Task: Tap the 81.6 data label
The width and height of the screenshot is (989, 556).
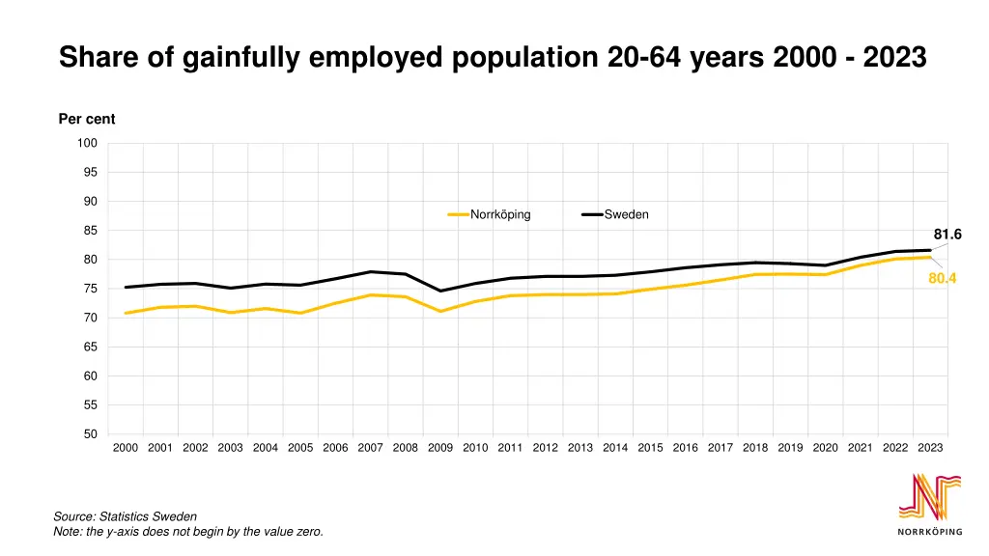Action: [x=947, y=235]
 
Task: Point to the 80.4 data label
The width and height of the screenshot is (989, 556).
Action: [x=942, y=279]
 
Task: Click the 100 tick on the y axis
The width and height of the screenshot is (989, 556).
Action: [x=88, y=144]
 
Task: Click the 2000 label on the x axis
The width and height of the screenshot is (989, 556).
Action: [x=126, y=448]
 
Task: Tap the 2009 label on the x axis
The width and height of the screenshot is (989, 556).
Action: [x=440, y=448]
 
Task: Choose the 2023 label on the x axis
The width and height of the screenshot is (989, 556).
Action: [x=930, y=448]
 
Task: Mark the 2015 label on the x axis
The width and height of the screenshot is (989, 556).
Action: [x=650, y=448]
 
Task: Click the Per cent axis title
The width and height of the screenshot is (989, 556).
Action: [x=87, y=120]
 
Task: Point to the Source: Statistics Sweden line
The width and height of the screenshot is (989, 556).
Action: [x=125, y=517]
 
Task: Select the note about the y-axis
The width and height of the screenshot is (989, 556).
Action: [x=187, y=532]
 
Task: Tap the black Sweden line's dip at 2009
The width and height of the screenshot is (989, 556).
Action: [x=440, y=291]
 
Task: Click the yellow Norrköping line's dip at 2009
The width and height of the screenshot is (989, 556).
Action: [x=440, y=311]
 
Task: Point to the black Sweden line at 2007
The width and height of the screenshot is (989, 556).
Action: [x=371, y=272]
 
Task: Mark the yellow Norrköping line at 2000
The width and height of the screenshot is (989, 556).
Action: [x=127, y=313]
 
